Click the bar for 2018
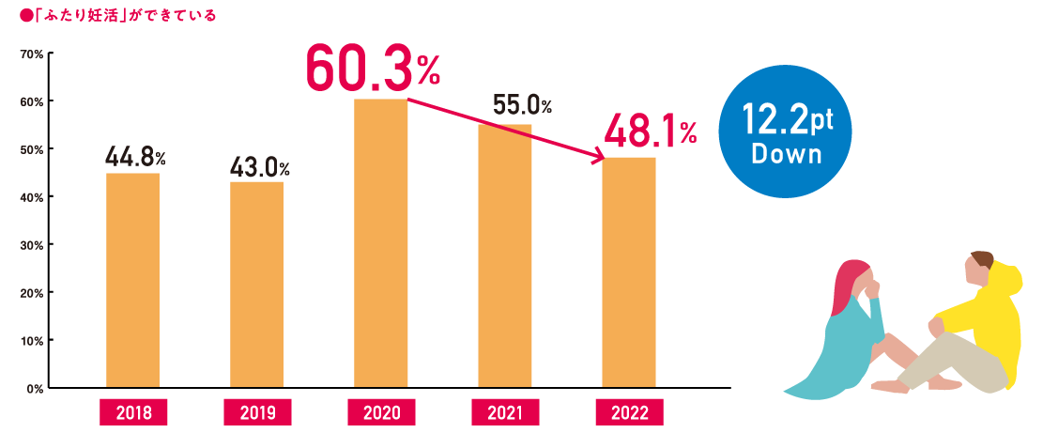click(x=132, y=280)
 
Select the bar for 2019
click(x=256, y=284)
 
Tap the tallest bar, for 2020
click(x=380, y=242)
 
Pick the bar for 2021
click(x=504, y=255)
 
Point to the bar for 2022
click(x=628, y=271)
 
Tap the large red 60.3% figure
click(x=372, y=71)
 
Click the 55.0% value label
click(x=522, y=106)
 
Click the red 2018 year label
click(x=133, y=411)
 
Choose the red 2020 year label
click(x=381, y=411)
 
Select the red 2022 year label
click(x=629, y=411)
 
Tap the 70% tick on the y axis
click(x=31, y=55)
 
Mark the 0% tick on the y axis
click(x=34, y=388)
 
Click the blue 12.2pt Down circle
click(x=785, y=131)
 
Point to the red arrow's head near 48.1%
click(x=598, y=159)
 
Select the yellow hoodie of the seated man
click(x=986, y=319)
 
